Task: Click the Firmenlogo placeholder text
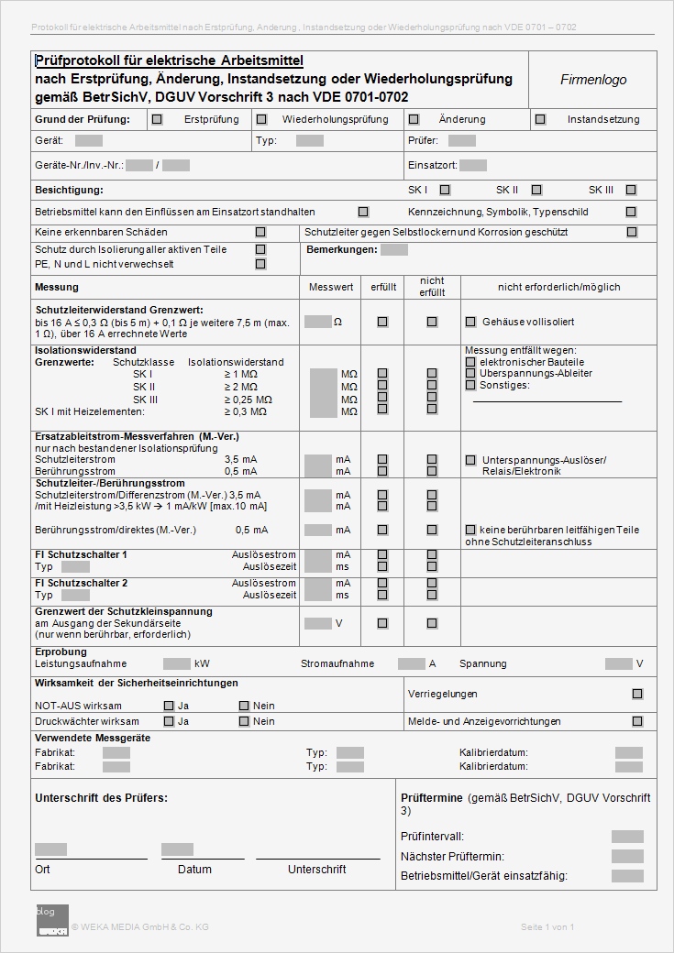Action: (x=593, y=80)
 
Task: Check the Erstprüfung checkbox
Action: (x=158, y=119)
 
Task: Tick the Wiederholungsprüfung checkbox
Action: (x=261, y=119)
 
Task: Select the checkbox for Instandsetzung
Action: (x=540, y=119)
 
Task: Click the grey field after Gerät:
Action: (x=89, y=141)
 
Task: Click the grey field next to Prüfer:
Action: (x=462, y=141)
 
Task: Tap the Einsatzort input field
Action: (x=473, y=166)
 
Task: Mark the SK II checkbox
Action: (x=536, y=191)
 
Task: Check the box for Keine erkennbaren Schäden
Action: (x=260, y=233)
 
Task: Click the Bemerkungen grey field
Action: (x=394, y=249)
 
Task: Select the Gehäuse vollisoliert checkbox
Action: (x=470, y=322)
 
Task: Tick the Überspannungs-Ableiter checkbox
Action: (x=470, y=373)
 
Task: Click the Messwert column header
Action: (x=331, y=287)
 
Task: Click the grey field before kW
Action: (x=177, y=663)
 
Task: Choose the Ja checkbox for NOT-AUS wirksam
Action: (x=169, y=706)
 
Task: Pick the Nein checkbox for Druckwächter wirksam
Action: (x=244, y=721)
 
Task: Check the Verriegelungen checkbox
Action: (x=637, y=695)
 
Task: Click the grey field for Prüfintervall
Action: (x=627, y=837)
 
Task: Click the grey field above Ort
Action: (x=51, y=849)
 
